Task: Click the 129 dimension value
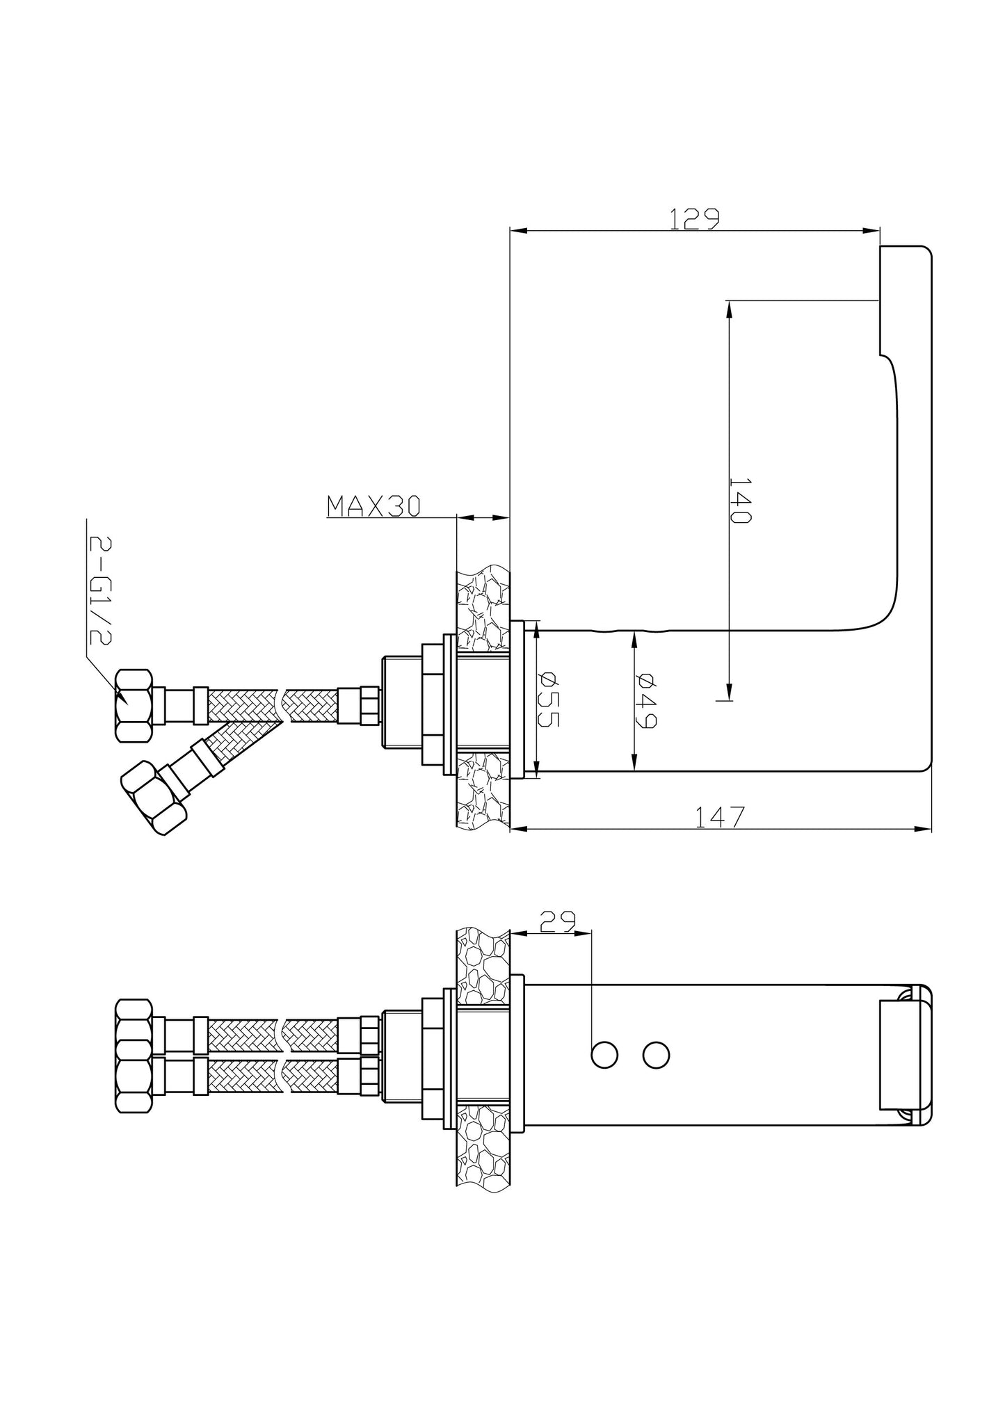pos(693,218)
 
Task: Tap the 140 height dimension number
pos(739,500)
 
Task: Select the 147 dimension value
pos(720,817)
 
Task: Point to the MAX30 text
pos(373,506)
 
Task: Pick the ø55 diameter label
pos(549,699)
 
